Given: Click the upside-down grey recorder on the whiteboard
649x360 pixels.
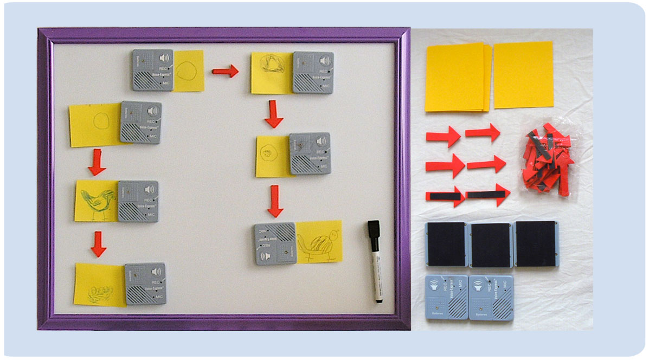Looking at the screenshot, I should tap(275, 243).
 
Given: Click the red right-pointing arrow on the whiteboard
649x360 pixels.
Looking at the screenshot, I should tap(225, 70).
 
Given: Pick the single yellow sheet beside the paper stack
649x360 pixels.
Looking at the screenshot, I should tap(523, 75).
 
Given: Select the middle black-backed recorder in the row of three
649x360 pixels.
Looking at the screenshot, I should tap(491, 245).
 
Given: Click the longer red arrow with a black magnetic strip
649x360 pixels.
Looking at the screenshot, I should tap(487, 194).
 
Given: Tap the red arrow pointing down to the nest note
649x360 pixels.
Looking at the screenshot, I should tap(98, 243).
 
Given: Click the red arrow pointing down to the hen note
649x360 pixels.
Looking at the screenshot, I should tap(97, 162).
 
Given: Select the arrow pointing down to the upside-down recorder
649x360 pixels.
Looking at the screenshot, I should tap(275, 200).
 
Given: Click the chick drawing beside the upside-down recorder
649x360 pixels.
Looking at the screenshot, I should tap(320, 242).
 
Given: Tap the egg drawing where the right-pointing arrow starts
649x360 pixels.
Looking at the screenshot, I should tap(188, 70).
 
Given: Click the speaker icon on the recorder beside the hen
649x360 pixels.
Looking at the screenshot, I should tap(150, 189).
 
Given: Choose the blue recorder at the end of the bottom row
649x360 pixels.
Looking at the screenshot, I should tap(491, 297).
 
